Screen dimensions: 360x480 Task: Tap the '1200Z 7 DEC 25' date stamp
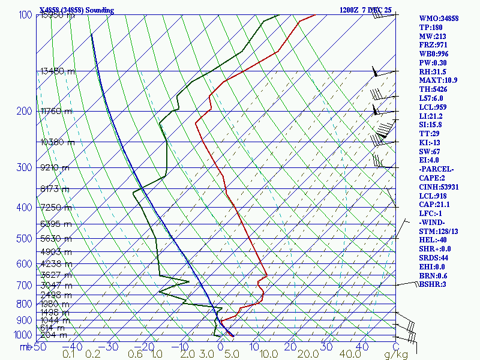pos(365,10)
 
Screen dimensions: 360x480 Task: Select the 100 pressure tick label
pos(25,14)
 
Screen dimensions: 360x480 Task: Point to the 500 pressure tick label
pos(25,239)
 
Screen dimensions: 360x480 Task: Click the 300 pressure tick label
pos(25,167)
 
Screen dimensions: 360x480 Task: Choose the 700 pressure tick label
pos(25,286)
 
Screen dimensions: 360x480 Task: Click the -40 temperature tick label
pos(73,347)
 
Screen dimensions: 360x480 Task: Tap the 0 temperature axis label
pos(221,347)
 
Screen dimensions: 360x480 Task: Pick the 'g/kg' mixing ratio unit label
pos(396,355)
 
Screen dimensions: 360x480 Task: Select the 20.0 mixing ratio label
pos(295,355)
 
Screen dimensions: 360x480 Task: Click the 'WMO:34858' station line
pos(439,19)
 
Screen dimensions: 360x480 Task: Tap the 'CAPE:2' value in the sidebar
pos(431,178)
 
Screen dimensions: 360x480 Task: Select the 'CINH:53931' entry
pos(439,187)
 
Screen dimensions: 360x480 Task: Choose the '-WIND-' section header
pos(433,223)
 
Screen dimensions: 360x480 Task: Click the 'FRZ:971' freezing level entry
pos(433,45)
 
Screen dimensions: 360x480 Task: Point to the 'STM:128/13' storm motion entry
pos(438,231)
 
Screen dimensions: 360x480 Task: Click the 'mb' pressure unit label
pos(25,347)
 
